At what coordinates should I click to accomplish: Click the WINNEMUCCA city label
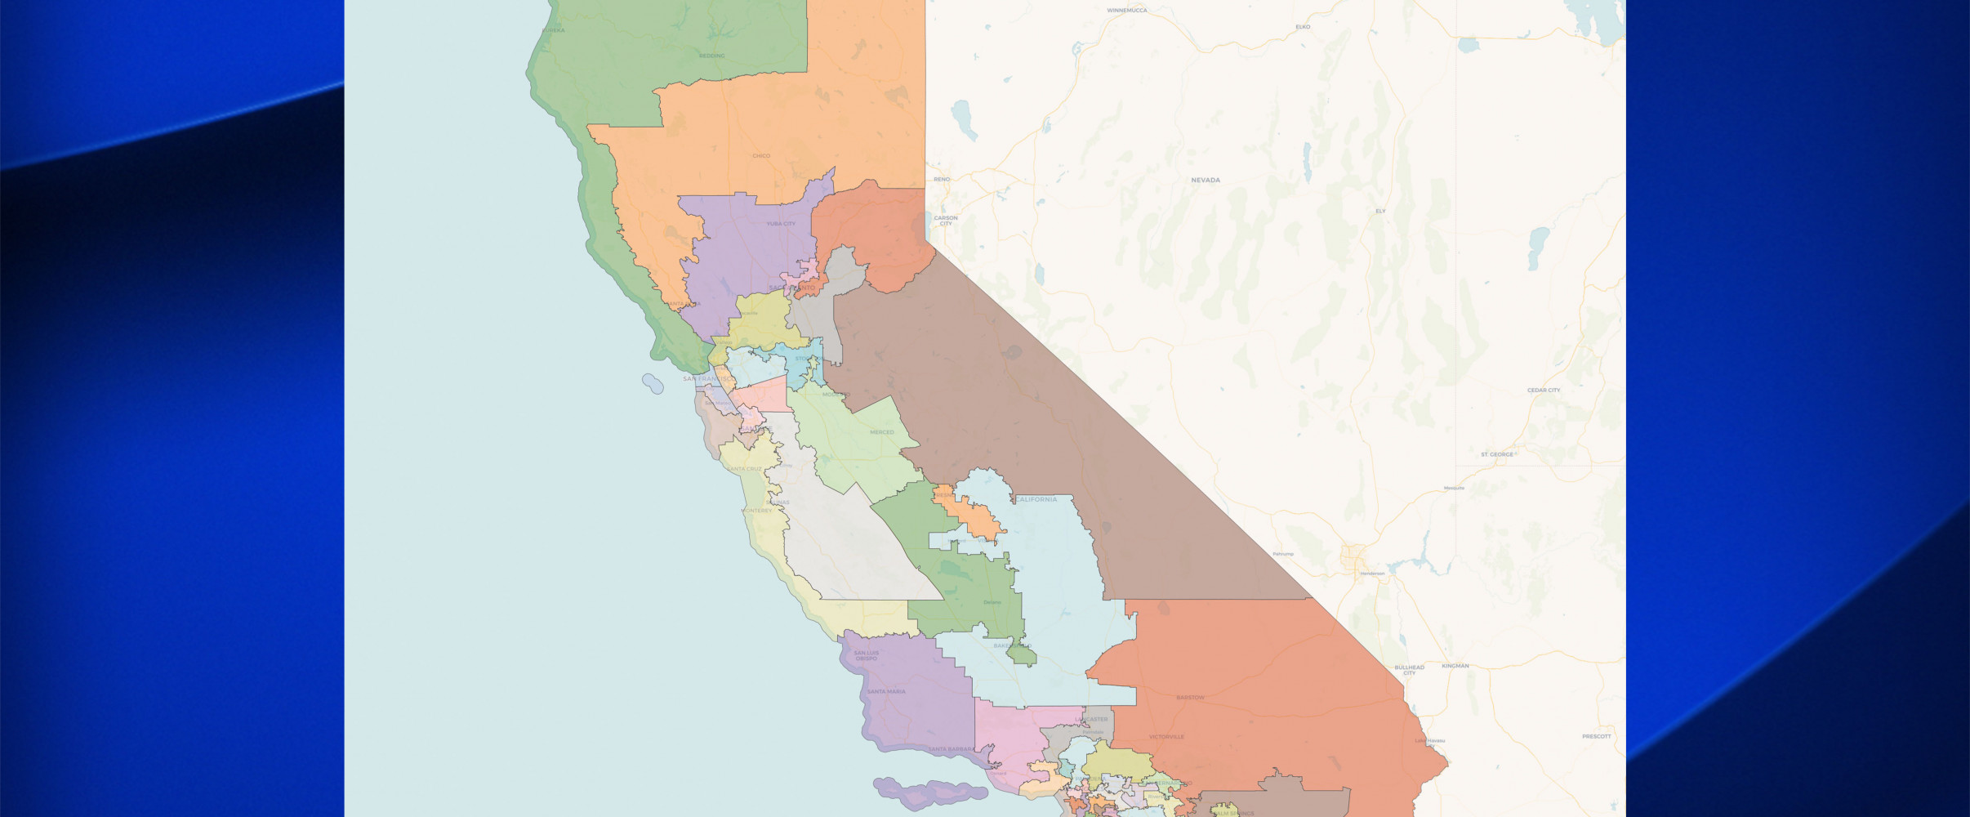pos(1126,11)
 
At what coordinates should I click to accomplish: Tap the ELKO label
pos(1303,27)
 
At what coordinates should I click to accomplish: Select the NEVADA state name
pos(1205,180)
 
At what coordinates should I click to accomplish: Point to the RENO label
pos(942,179)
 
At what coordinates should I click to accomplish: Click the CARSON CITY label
pos(946,221)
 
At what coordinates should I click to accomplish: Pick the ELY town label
pos(1380,211)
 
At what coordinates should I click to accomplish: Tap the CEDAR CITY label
pos(1544,390)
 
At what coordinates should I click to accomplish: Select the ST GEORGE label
pos(1497,454)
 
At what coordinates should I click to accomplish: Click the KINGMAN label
pos(1455,666)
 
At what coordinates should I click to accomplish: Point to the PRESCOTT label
pos(1596,736)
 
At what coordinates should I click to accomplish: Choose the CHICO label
pos(761,155)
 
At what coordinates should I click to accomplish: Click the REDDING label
pos(711,56)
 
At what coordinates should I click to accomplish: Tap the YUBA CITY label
pos(781,223)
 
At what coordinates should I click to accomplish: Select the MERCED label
pos(882,432)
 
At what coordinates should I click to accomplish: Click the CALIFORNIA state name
pos(1036,499)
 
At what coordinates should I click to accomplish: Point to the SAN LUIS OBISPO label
pos(867,655)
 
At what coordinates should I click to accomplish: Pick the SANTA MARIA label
pos(886,692)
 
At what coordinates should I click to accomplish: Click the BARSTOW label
pos(1190,698)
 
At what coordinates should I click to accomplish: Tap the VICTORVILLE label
pos(1166,737)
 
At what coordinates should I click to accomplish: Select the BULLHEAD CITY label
pos(1409,670)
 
